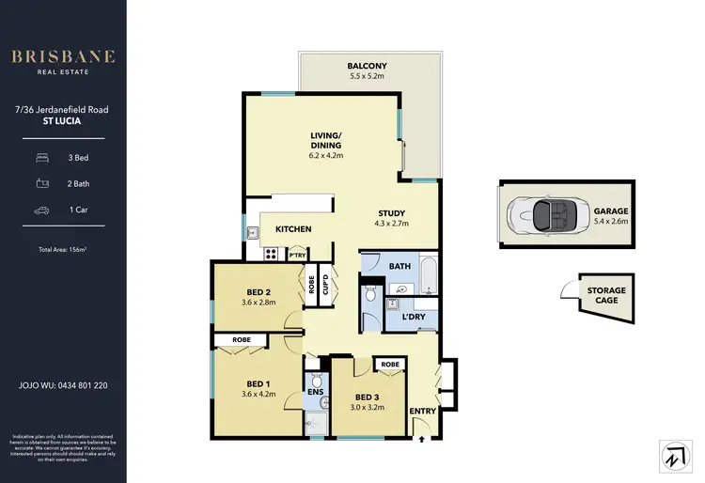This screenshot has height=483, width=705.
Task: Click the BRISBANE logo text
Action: coord(63,56)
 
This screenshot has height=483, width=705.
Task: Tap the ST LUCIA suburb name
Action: coord(63,122)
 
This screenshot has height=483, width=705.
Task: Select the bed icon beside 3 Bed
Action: coord(42,158)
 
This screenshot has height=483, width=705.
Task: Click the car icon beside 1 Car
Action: coord(42,210)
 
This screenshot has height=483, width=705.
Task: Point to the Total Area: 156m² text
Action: coord(63,249)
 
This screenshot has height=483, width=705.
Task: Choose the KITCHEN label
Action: coord(292,229)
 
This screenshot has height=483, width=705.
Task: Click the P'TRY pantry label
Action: coord(297,255)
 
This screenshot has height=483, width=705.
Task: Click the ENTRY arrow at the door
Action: coord(422,437)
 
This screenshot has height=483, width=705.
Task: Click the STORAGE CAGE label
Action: coord(606,296)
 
